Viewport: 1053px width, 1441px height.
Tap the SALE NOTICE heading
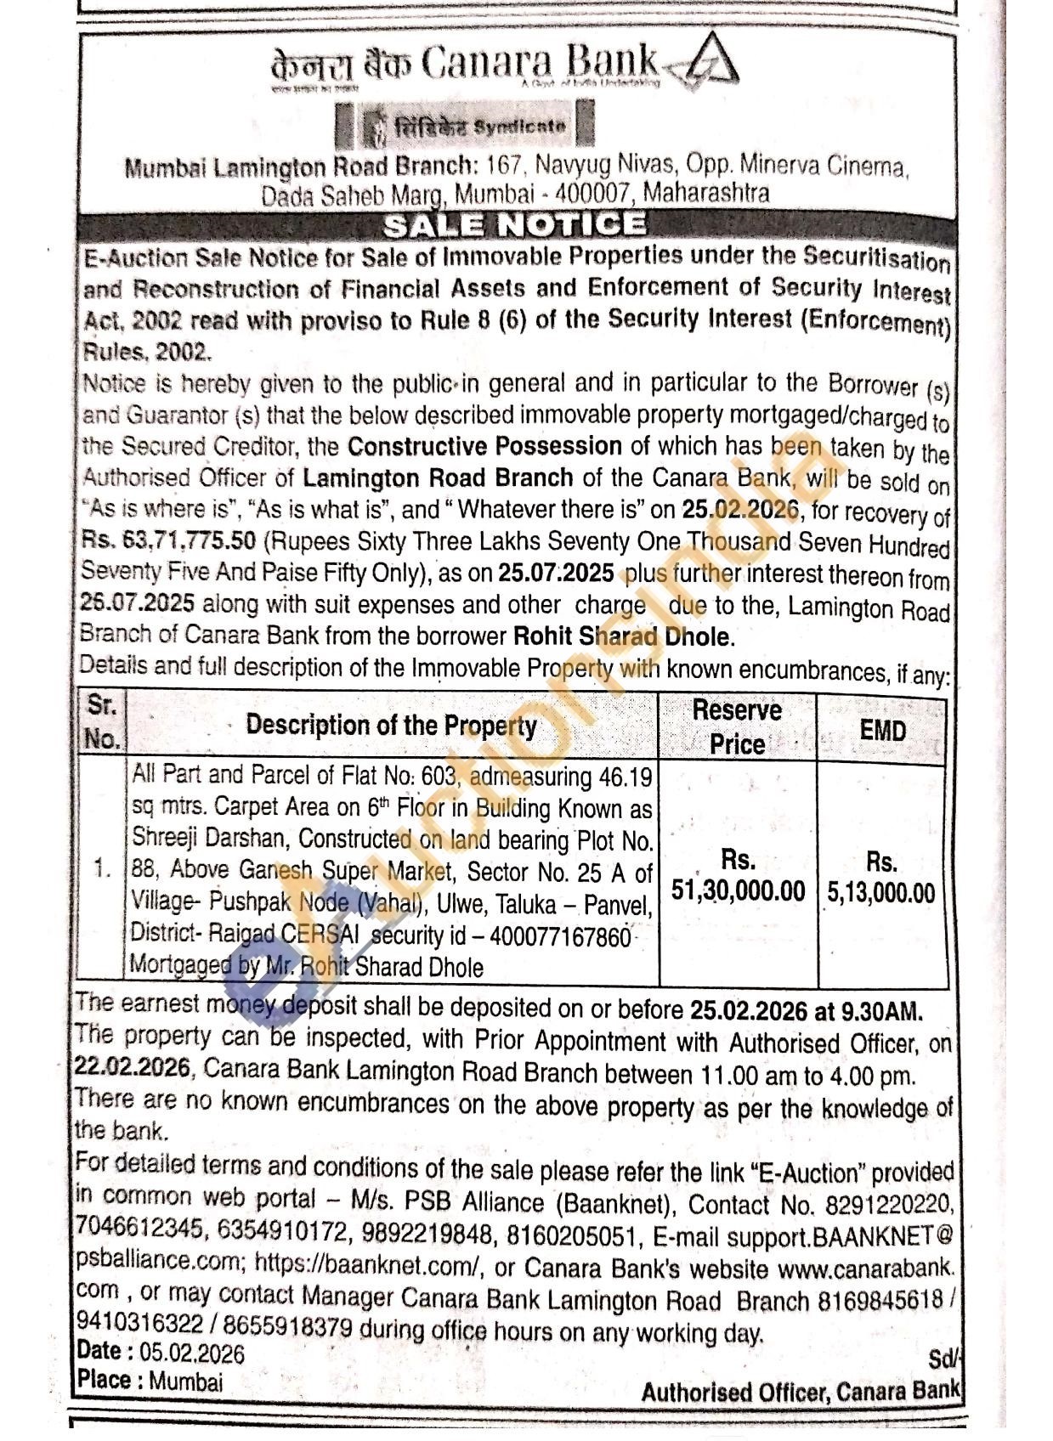point(513,225)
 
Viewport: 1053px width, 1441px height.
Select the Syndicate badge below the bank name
point(466,125)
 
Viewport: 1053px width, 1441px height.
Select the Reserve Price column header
point(737,726)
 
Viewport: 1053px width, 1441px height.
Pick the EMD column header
point(882,730)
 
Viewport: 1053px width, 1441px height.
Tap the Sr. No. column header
point(102,721)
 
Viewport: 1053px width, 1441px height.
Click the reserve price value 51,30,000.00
point(738,890)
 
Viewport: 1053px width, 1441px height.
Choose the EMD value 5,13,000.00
point(881,892)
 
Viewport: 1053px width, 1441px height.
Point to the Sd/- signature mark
point(942,1359)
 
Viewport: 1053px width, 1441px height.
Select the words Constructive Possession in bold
point(485,446)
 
